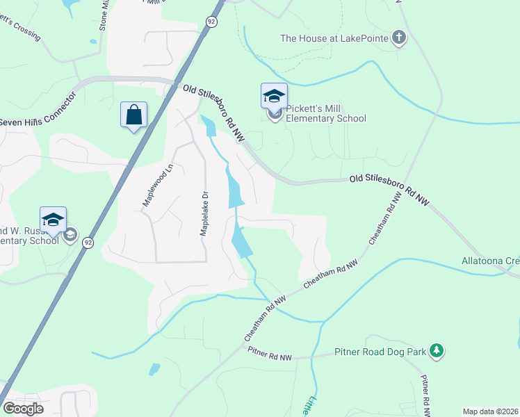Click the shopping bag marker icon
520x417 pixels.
133,115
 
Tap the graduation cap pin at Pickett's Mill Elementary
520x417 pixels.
274,96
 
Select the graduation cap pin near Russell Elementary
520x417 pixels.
53,220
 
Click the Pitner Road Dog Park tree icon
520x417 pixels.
437,352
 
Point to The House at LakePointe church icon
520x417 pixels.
398,38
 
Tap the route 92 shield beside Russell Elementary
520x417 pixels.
87,242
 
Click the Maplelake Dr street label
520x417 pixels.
204,214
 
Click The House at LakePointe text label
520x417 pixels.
334,38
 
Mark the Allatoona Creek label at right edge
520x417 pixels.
491,261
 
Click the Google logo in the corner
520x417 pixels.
24,409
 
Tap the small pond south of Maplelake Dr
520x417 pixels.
154,369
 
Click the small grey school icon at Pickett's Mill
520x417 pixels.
275,115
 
